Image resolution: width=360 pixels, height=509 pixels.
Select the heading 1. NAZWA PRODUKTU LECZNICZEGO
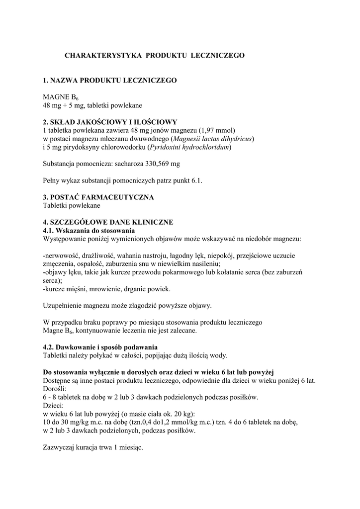(109, 80)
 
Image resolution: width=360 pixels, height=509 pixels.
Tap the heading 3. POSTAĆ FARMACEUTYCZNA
(98, 197)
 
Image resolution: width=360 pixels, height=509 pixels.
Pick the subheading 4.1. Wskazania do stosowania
(89, 231)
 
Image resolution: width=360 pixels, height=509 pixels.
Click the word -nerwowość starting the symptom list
(63, 256)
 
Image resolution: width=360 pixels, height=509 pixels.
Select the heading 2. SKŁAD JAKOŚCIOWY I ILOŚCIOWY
(110, 122)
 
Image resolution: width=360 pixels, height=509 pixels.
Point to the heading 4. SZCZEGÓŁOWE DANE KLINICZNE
(108, 222)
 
